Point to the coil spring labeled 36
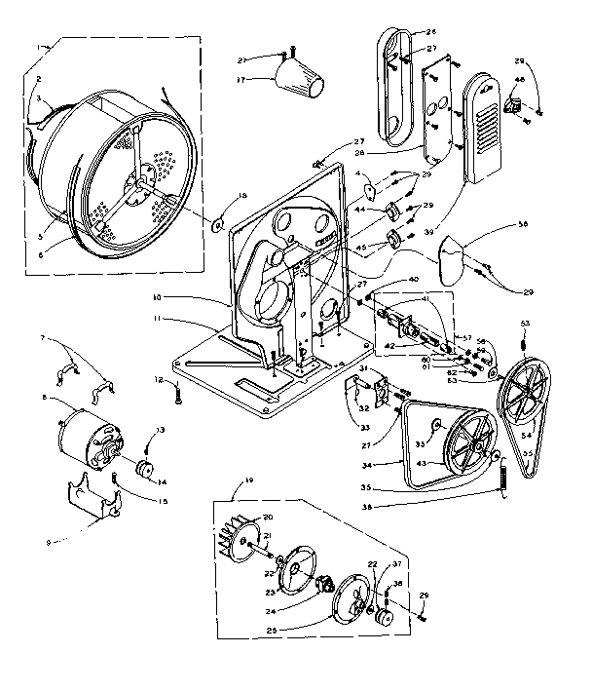pyautogui.click(x=504, y=481)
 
